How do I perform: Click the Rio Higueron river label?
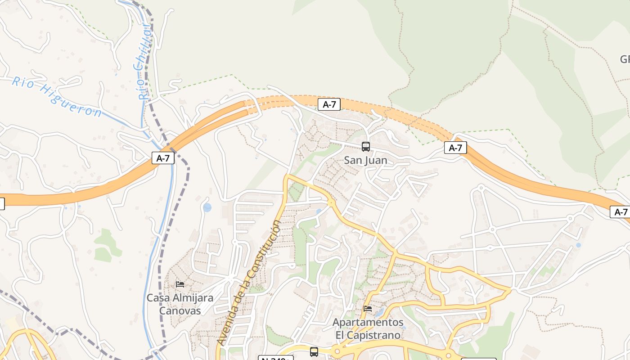pyautogui.click(x=56, y=97)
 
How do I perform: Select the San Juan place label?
pyautogui.click(x=365, y=160)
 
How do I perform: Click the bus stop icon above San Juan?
pyautogui.click(x=366, y=147)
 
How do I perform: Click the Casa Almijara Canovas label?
pyautogui.click(x=180, y=304)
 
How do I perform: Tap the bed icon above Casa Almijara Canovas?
pyautogui.click(x=180, y=284)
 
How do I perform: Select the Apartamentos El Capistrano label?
pyautogui.click(x=368, y=329)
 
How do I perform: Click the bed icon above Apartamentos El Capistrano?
pyautogui.click(x=368, y=309)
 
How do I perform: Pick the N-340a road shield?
pyautogui.click(x=275, y=358)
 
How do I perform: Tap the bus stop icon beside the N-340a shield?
pyautogui.click(x=314, y=352)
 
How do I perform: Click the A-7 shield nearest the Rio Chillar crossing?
pyautogui.click(x=163, y=158)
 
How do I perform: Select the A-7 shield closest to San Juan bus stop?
pyautogui.click(x=329, y=104)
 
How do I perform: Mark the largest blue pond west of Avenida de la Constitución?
pyautogui.click(x=207, y=207)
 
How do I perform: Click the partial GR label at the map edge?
pyautogui.click(x=625, y=59)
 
